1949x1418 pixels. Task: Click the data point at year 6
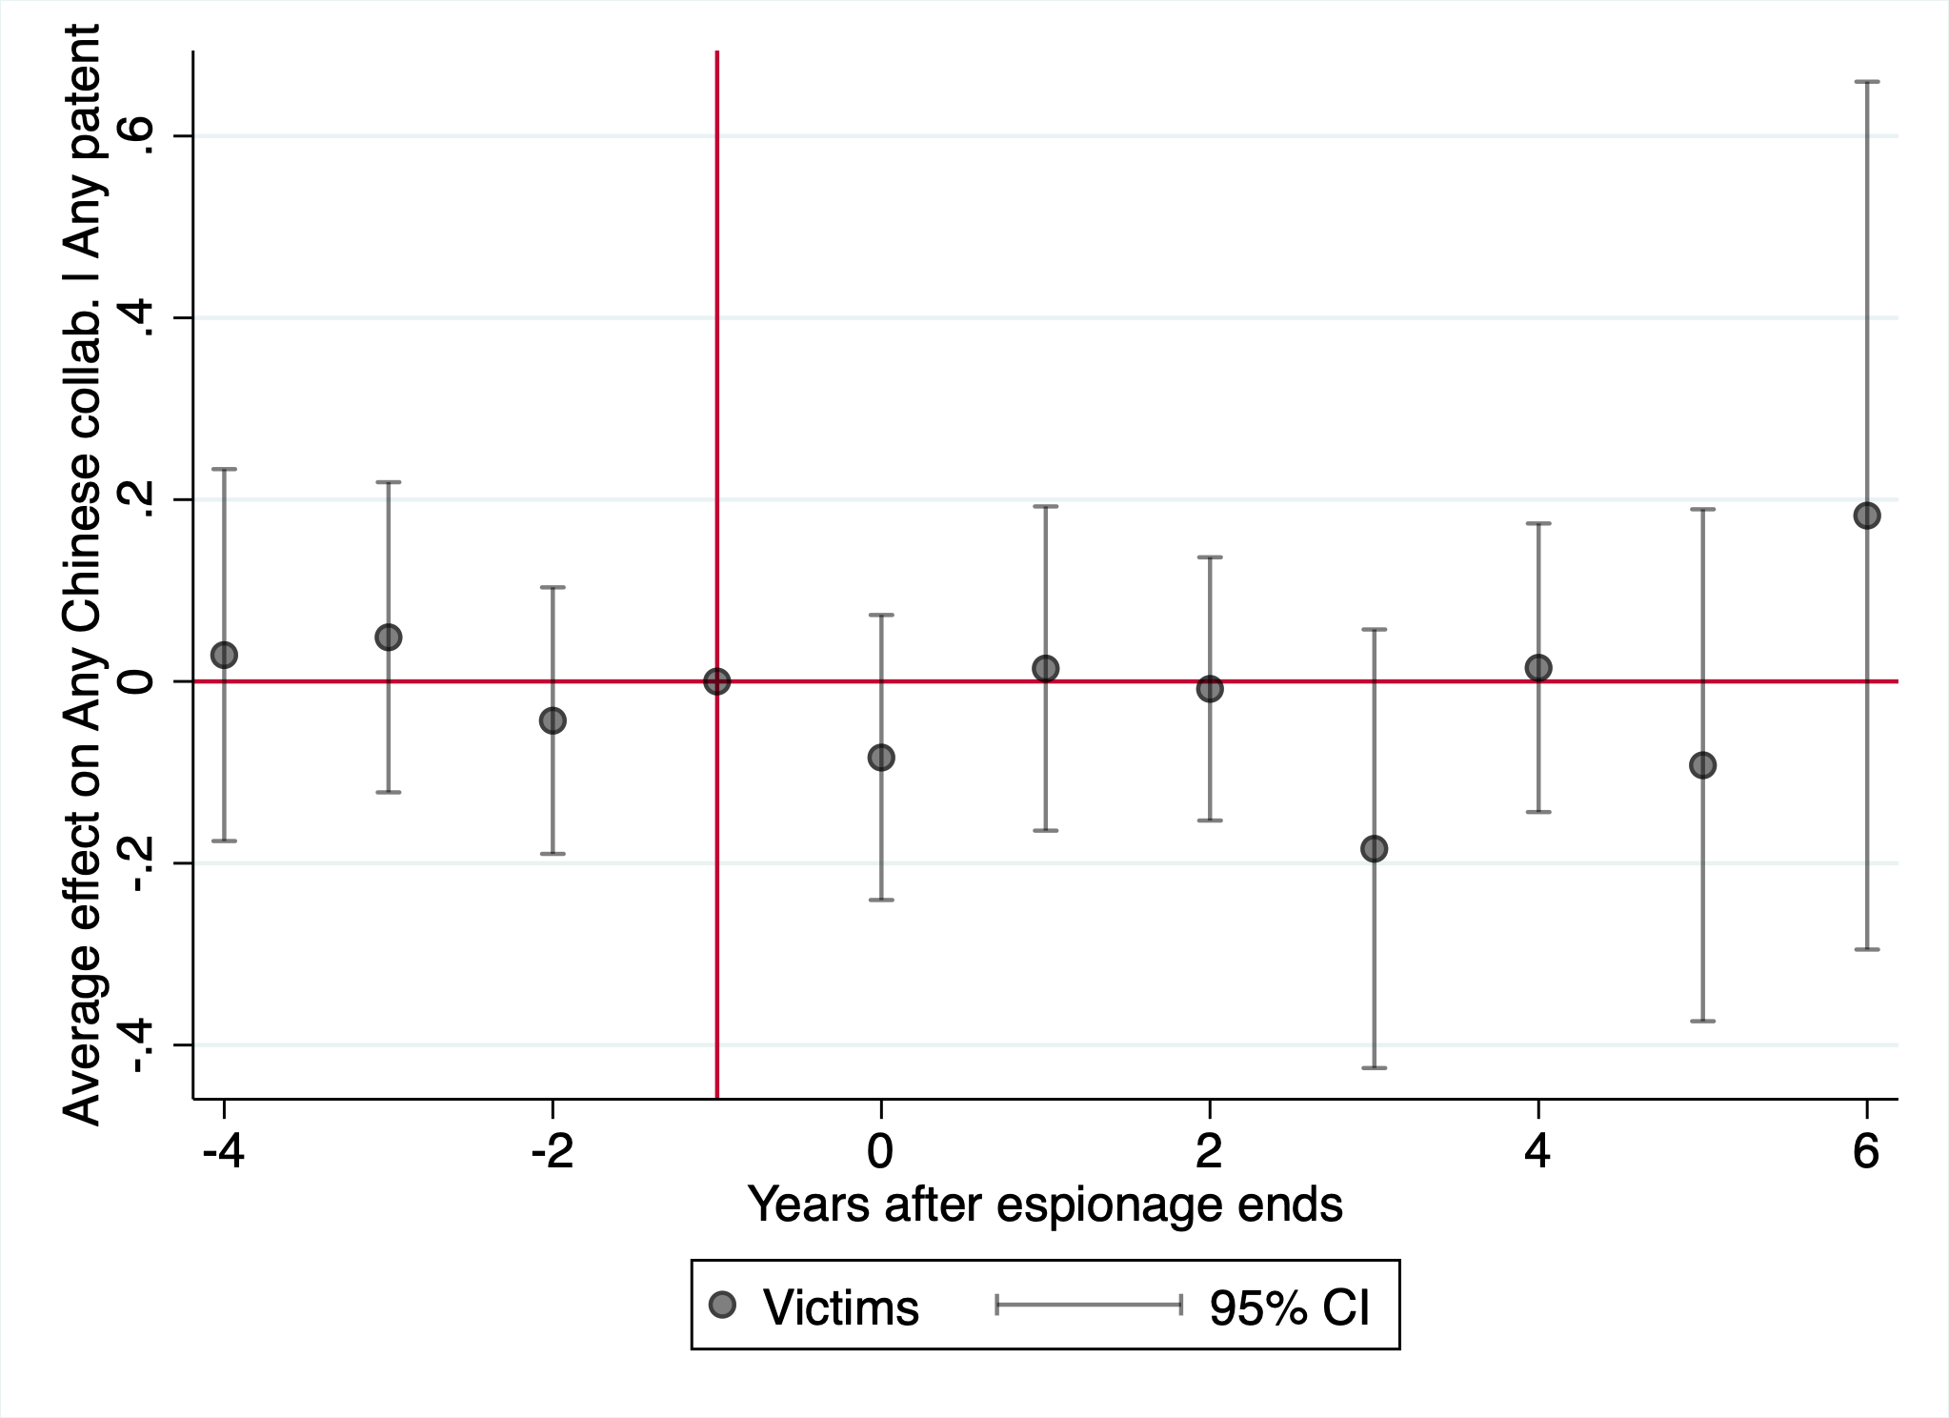coord(1866,516)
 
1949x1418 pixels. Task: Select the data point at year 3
coord(1374,848)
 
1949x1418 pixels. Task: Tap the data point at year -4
coord(224,655)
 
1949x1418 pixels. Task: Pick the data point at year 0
coord(881,758)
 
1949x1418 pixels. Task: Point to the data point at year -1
coord(716,681)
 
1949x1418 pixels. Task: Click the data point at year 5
coord(1702,764)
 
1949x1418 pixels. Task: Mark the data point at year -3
coord(388,637)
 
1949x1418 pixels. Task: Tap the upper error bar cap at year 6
coord(1866,82)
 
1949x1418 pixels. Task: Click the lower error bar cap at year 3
coord(1374,1067)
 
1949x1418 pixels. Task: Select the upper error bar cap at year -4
coord(224,469)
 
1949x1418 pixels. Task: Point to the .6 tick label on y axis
coord(138,135)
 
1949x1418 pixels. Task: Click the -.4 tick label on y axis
coord(138,1044)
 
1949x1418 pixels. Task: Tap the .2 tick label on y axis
coord(138,499)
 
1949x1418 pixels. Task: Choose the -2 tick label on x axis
coord(553,1151)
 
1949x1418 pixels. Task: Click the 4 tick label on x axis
coord(1537,1151)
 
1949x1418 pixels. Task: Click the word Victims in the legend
coord(841,1307)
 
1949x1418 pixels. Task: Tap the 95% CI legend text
coord(1290,1307)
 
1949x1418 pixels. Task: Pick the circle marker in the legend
coord(723,1305)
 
